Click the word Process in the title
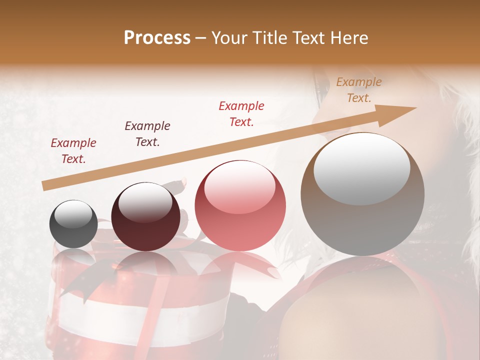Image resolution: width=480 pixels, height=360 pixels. (157, 37)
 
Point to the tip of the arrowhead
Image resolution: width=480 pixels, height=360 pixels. (416, 107)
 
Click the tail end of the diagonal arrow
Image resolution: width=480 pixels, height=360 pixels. (43, 186)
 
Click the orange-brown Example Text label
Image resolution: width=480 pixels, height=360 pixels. (359, 89)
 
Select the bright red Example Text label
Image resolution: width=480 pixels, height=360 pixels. (241, 113)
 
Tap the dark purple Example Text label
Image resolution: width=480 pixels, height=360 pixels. (147, 133)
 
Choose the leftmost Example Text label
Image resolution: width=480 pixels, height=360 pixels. (73, 150)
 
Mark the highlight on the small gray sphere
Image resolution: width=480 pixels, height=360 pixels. (73, 214)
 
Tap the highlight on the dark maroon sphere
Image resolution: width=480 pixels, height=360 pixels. (145, 203)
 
